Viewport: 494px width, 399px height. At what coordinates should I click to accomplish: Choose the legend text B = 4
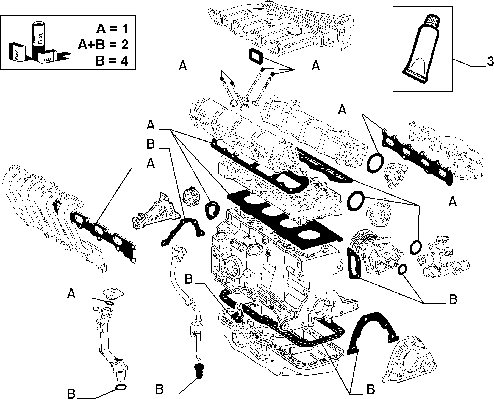(x=112, y=61)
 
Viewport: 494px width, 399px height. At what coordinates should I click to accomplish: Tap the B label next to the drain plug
(x=160, y=389)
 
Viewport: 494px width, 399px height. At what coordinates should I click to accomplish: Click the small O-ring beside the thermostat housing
(x=403, y=269)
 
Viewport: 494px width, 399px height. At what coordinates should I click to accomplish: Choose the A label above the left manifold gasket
(x=151, y=164)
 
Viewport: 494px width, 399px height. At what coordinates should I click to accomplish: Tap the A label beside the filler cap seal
(x=71, y=294)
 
